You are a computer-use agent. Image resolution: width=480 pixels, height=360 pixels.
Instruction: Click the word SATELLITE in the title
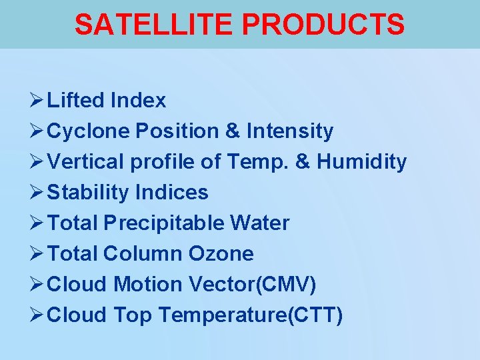coord(154,25)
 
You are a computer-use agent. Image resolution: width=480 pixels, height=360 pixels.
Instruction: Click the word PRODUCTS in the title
coord(323,25)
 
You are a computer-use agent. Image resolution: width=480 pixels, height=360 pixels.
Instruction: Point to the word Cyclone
coord(89,131)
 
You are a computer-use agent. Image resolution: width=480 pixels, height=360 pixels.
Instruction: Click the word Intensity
coord(289,131)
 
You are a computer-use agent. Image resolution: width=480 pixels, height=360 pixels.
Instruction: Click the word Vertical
coord(87,162)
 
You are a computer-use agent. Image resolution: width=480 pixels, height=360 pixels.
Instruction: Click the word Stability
coord(89,193)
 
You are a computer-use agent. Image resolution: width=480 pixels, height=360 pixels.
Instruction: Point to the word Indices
coord(172,193)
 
